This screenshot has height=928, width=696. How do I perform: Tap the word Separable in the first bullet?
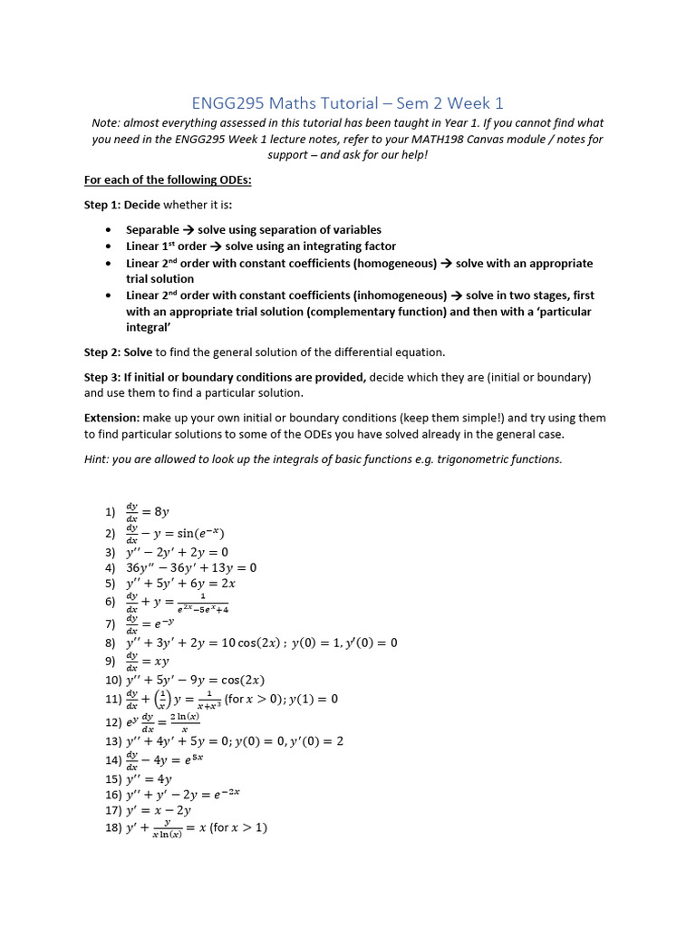(152, 229)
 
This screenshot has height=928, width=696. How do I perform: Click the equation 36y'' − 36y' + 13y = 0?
(191, 568)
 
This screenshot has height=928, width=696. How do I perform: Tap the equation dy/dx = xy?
(149, 661)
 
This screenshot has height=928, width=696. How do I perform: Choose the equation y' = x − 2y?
(162, 811)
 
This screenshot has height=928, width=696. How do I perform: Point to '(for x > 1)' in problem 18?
(237, 827)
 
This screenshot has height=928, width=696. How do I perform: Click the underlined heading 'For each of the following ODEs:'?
(168, 179)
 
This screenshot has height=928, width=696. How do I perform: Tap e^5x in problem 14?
(194, 759)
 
